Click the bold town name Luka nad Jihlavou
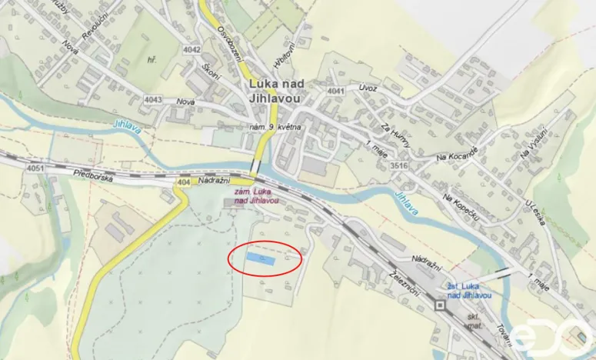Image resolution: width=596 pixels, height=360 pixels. coord(275,91)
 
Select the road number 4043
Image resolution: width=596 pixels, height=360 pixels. coord(153,99)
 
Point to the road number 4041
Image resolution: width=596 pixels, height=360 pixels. coord(335,92)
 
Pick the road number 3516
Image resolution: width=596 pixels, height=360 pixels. coord(397,165)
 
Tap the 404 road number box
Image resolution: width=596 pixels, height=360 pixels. coord(182,182)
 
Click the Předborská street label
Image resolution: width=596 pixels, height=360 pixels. coord(93,175)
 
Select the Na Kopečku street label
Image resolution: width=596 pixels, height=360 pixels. coord(461,208)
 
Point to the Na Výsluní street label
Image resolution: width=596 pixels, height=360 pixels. coord(533,142)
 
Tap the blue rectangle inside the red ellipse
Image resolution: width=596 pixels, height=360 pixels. coord(259,258)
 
